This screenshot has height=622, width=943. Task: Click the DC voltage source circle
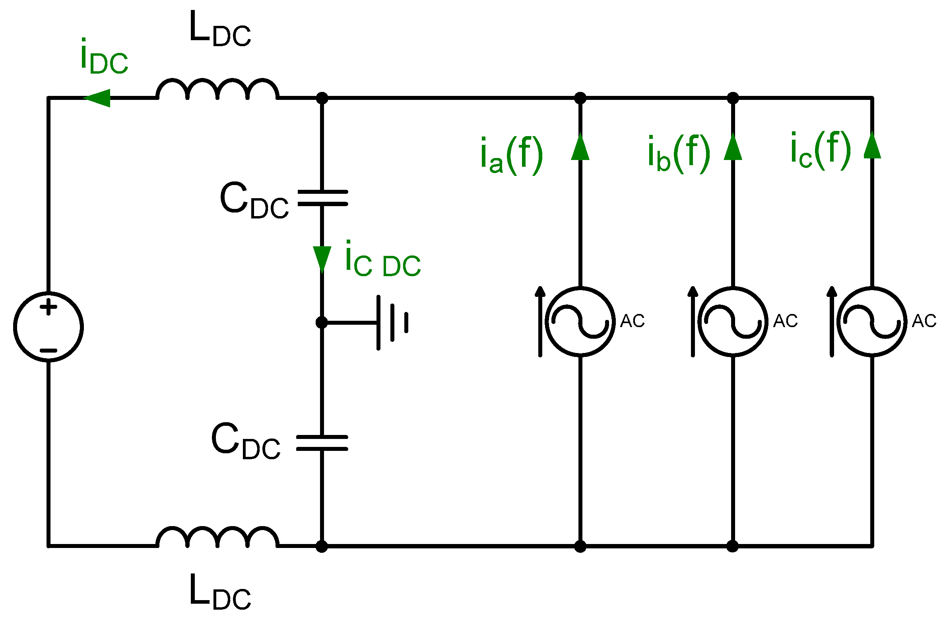[49, 327]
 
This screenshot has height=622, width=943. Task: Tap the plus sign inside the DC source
[49, 307]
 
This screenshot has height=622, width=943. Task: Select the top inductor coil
[217, 90]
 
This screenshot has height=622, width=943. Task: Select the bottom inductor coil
[217, 537]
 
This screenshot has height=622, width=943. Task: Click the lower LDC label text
[220, 593]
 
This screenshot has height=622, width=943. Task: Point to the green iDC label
[104, 58]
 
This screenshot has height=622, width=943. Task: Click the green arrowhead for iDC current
[97, 98]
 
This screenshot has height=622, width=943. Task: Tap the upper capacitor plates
[322, 198]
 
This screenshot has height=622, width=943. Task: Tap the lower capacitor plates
[322, 443]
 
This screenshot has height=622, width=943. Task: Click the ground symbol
[392, 322]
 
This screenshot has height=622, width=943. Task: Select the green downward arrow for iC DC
[322, 259]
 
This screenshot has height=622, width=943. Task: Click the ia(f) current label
[511, 155]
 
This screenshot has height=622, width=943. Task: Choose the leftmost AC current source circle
[580, 321]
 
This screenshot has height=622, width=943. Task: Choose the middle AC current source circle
[733, 321]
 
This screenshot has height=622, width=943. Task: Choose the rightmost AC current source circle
[872, 321]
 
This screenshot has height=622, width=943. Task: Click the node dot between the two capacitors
[322, 322]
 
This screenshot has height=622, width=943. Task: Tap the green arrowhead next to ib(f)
[733, 147]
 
